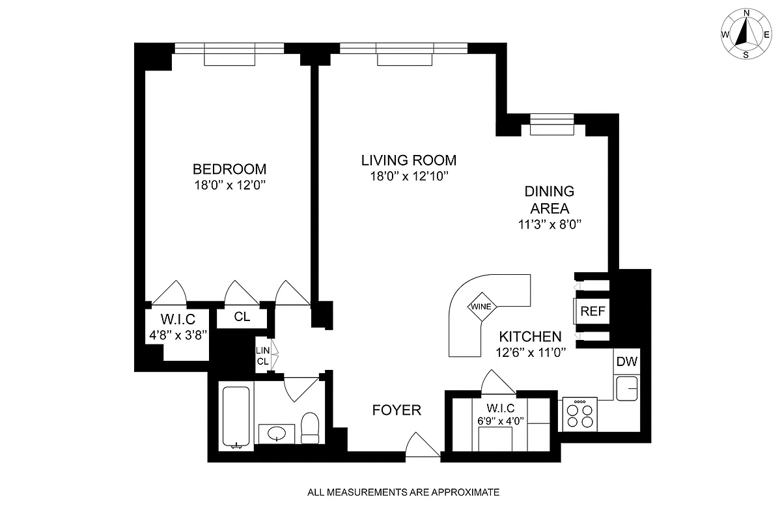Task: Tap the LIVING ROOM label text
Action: [409, 160]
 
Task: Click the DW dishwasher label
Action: [627, 362]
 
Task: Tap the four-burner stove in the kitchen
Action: [579, 414]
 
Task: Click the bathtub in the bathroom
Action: [235, 417]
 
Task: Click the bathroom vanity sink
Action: [277, 432]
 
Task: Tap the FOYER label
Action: [397, 410]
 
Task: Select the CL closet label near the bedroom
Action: [242, 317]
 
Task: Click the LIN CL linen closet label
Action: [262, 356]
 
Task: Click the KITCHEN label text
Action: [530, 337]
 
